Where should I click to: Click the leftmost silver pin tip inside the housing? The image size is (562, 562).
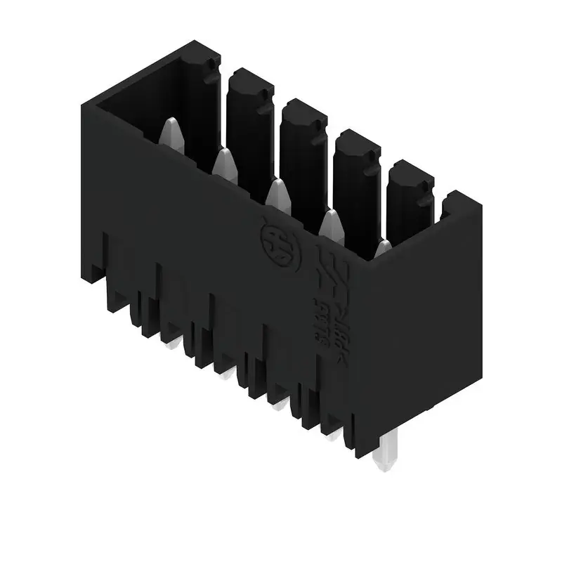pyautogui.click(x=172, y=133)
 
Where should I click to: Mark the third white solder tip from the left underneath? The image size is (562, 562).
pyautogui.click(x=278, y=404)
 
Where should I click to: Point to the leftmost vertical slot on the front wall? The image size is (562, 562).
pyautogui.click(x=106, y=260)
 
